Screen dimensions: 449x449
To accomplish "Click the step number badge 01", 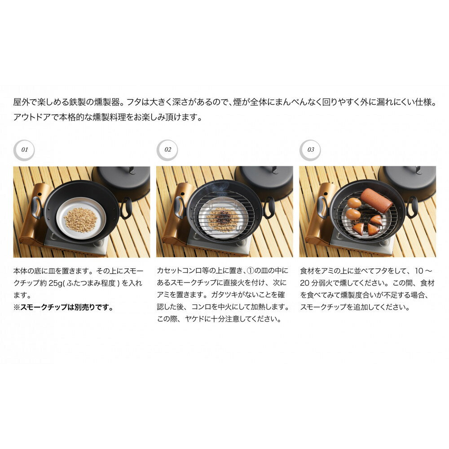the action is click(x=24, y=150).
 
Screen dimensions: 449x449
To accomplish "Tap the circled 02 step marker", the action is click(x=167, y=150).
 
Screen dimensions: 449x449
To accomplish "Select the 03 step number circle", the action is click(x=310, y=150).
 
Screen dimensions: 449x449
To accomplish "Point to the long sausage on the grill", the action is click(x=376, y=200).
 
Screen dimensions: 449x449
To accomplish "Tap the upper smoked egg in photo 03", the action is click(x=354, y=203).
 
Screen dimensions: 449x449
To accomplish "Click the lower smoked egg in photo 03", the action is click(x=353, y=214).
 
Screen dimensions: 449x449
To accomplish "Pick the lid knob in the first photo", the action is click(x=132, y=170).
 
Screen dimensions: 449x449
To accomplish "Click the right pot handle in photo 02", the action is click(x=269, y=207).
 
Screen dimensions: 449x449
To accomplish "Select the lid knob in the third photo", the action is click(x=418, y=170).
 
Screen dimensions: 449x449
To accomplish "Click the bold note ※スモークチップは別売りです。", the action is click(x=64, y=307).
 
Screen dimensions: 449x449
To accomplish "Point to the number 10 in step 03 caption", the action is click(x=418, y=271).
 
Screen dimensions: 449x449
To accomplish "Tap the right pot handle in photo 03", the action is click(x=412, y=207).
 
